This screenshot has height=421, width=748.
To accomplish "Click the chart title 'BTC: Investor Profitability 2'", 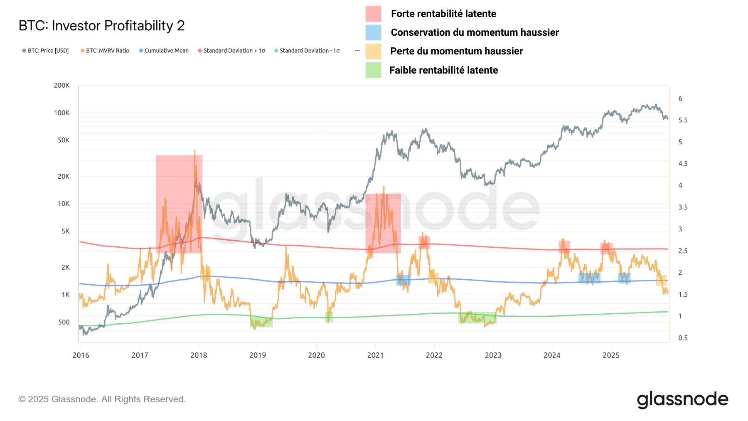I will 101,26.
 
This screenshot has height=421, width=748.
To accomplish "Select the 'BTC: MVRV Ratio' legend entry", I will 107,51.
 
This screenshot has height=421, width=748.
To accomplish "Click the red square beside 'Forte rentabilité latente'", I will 373,14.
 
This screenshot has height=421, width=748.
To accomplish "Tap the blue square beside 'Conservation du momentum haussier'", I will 373,32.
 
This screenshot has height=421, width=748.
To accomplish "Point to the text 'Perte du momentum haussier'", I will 456,51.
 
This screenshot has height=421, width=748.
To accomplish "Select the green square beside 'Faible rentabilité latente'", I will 373,70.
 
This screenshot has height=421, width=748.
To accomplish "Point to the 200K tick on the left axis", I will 62,85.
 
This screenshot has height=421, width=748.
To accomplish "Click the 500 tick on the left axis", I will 64,322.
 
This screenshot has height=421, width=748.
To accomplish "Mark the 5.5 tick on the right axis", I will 683,120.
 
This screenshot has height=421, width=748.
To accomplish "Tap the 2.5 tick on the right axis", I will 683,251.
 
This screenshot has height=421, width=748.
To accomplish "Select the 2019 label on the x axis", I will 257,355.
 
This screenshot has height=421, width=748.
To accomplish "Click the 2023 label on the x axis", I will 493,355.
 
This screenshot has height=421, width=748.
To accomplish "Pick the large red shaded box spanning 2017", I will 179,204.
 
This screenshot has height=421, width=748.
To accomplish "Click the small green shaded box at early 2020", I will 329,317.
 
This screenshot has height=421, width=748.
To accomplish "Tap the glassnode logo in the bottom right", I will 682,399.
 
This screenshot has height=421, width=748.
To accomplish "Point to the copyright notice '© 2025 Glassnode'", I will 102,399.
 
